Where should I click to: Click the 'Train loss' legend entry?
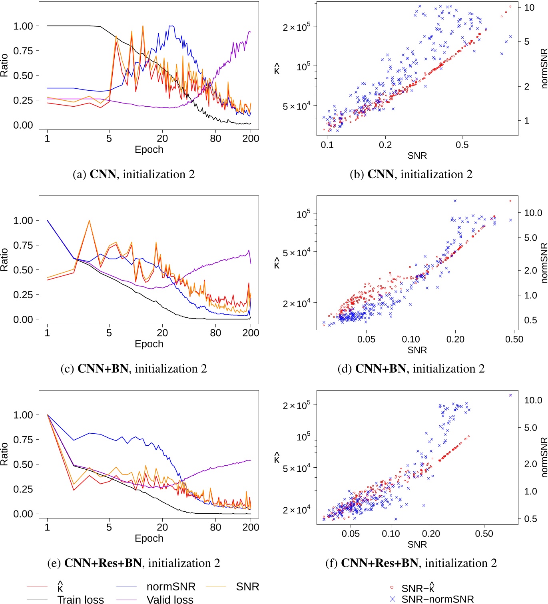point(80,599)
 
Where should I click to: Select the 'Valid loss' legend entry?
point(170,599)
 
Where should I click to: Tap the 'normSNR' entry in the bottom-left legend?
point(171,586)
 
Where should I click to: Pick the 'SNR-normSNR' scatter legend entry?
point(437,599)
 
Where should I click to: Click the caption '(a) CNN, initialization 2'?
point(134,174)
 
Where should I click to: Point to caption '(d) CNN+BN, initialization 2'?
point(411,369)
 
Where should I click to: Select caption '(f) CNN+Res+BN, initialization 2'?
point(411,563)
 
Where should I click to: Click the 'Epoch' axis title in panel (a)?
point(149,150)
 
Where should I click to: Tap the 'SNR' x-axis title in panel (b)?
point(417,155)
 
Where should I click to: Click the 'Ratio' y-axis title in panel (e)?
point(4,454)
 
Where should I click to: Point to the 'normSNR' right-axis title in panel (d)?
point(544,263)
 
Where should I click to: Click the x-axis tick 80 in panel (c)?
point(215,333)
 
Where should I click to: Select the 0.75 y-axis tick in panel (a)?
point(23,51)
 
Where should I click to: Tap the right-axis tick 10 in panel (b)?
point(529,8)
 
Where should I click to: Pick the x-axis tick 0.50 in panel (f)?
point(484,534)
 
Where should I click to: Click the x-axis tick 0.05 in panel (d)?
point(366,339)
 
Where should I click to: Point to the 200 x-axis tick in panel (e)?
point(251,527)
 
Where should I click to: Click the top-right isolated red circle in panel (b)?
point(510,6)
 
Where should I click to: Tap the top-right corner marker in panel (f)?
point(510,395)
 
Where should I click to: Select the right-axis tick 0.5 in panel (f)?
point(530,519)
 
